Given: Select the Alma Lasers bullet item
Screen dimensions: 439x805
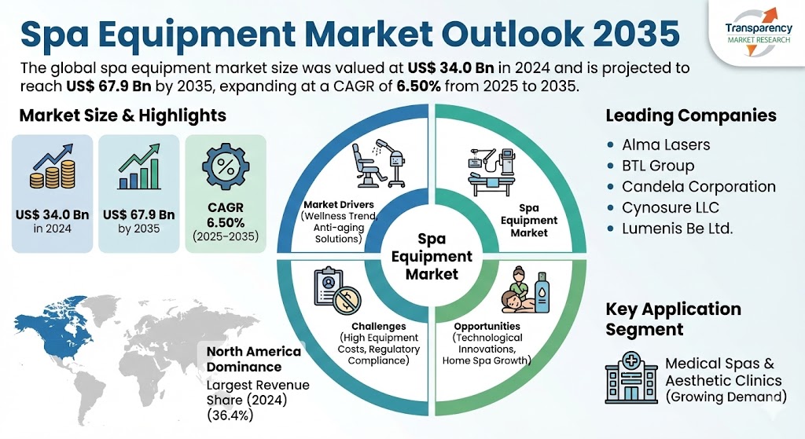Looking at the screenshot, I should pyautogui.click(x=665, y=145).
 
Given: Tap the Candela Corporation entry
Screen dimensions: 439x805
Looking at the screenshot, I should pyautogui.click(x=698, y=187).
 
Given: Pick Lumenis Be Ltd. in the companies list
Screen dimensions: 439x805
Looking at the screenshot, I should pyautogui.click(x=677, y=229).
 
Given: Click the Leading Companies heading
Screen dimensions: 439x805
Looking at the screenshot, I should pyautogui.click(x=690, y=115).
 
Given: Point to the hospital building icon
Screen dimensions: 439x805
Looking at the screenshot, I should pyautogui.click(x=630, y=377).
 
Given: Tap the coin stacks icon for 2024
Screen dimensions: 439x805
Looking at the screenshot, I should pyautogui.click(x=51, y=169).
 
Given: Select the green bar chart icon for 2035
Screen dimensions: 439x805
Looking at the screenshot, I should pyautogui.click(x=138, y=169).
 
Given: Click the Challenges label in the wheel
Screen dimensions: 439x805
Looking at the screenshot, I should pyautogui.click(x=379, y=326).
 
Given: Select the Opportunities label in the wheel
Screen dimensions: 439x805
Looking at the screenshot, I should pyautogui.click(x=487, y=326).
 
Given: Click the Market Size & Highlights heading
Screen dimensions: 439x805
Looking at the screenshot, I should pyautogui.click(x=122, y=115).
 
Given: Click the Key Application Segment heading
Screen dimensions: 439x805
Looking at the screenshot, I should pyautogui.click(x=673, y=318).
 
